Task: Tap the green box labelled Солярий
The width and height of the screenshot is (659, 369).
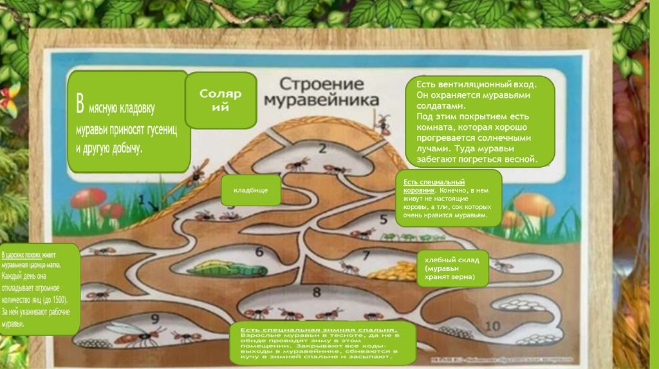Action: pos(221,100)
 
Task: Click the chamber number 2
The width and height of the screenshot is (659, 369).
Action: pos(322,148)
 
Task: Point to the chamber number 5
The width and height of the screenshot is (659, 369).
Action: pos(384,219)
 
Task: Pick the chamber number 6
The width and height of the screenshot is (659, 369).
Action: pos(259,252)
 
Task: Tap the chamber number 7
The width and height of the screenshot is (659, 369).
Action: pos(366,255)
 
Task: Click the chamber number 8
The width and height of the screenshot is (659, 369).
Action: pos(316,292)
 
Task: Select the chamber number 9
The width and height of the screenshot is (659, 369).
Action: pos(154,318)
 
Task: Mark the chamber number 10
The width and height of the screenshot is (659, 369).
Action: pos(492,327)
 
